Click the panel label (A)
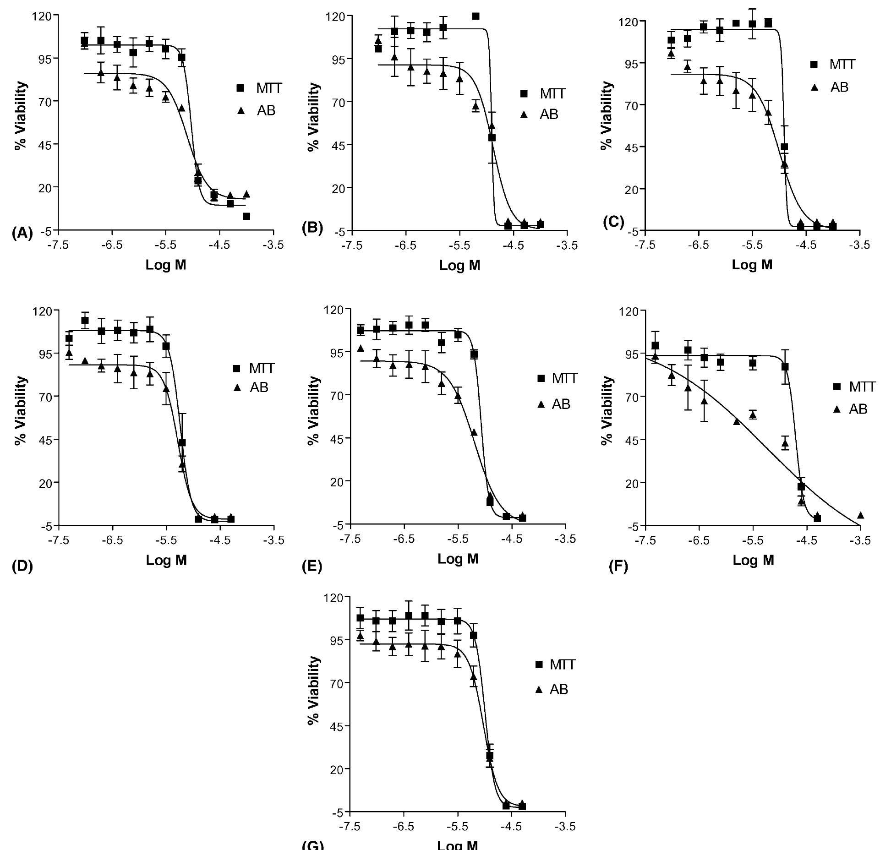(22, 234)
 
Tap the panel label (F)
(618, 567)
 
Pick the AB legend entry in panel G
(552, 689)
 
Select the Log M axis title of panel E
(458, 559)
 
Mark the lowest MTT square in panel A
(246, 216)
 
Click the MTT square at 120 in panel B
(476, 16)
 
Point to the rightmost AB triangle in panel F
(860, 516)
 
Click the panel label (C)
(613, 222)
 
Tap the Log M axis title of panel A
(166, 265)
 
